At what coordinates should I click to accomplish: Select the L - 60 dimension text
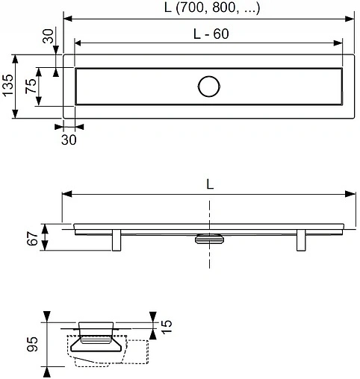pyautogui.click(x=209, y=33)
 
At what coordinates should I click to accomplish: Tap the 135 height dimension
pyautogui.click(x=7, y=86)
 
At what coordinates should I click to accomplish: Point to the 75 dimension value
pyautogui.click(x=31, y=86)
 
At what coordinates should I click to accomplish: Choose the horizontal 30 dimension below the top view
pyautogui.click(x=68, y=139)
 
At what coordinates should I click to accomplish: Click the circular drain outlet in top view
pyautogui.click(x=209, y=87)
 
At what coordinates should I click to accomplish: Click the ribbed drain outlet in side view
pyautogui.click(x=209, y=238)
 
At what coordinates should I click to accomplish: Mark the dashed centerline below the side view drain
pyautogui.click(x=209, y=257)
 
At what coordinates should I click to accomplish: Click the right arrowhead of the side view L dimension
pyautogui.click(x=353, y=195)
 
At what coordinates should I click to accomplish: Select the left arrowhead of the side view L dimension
pyautogui.click(x=66, y=195)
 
